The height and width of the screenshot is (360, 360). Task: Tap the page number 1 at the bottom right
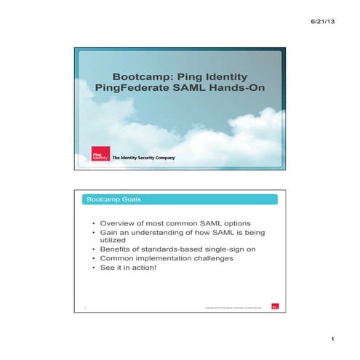click(331, 339)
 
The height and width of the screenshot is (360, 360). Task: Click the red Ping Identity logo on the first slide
click(100, 154)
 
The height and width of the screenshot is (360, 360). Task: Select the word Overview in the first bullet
click(121, 223)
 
